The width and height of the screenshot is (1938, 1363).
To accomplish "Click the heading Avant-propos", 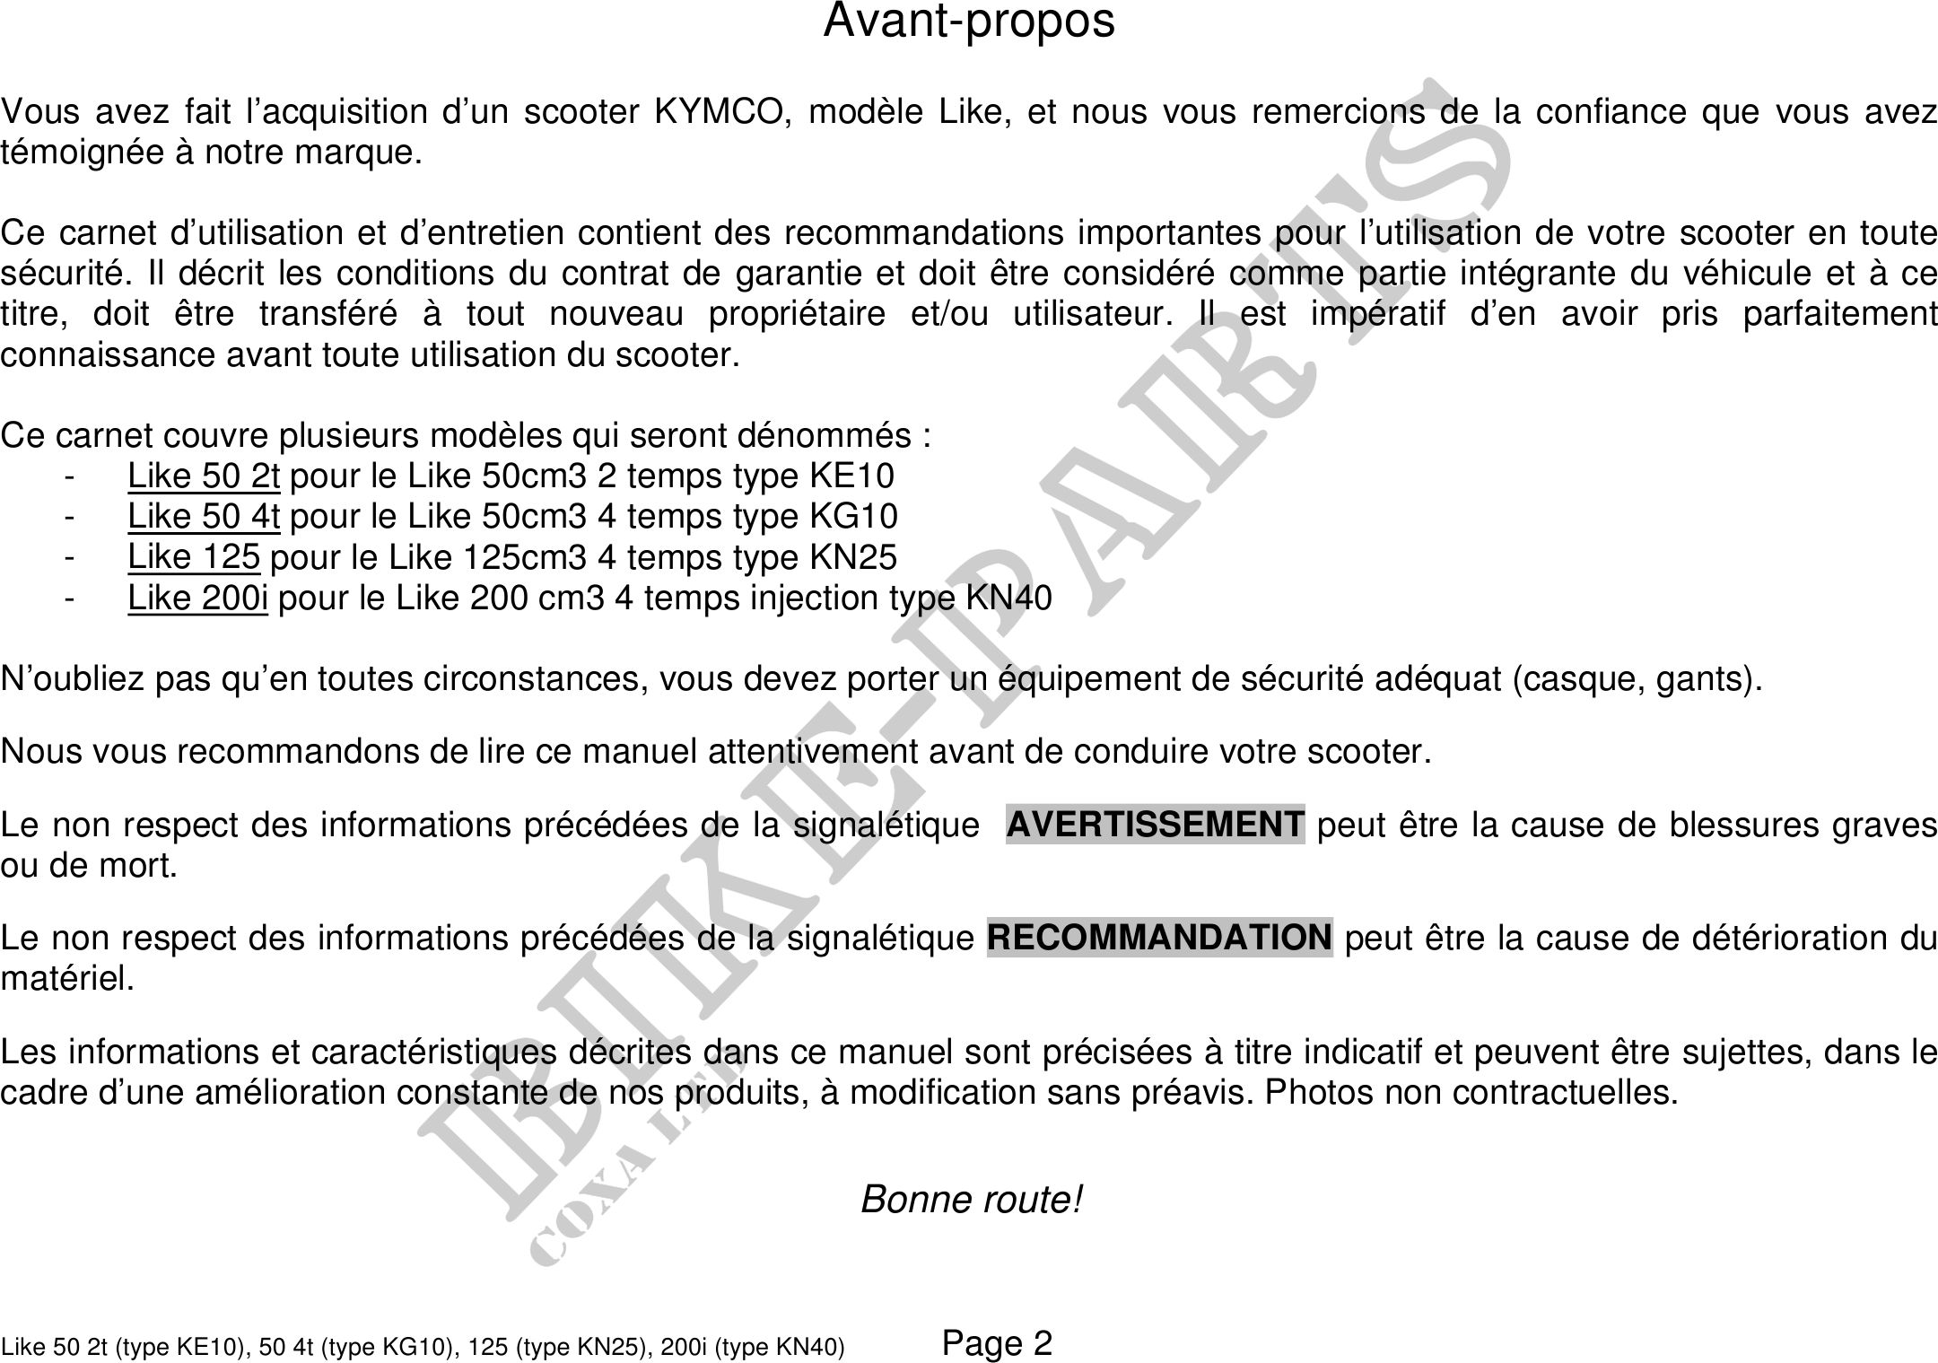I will pyautogui.click(x=969, y=22).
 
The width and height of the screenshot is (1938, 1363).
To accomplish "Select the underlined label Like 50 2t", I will pyautogui.click(x=204, y=476).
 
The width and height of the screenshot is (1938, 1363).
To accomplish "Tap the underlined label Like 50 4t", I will pyautogui.click(x=204, y=516).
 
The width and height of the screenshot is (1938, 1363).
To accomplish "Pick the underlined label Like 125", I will pyautogui.click(x=194, y=557).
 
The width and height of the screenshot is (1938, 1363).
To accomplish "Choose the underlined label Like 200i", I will pyautogui.click(x=197, y=598).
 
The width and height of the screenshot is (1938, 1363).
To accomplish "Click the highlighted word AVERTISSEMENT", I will pyautogui.click(x=1155, y=824).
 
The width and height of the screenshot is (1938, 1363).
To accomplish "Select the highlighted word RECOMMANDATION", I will pyautogui.click(x=1159, y=938).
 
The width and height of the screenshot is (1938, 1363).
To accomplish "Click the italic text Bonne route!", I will pyautogui.click(x=972, y=1200).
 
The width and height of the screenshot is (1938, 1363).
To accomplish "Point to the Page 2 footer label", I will pyautogui.click(x=997, y=1342).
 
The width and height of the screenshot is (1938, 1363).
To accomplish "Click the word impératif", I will pyautogui.click(x=1377, y=315).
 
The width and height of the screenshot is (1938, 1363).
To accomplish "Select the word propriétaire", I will pyautogui.click(x=797, y=315).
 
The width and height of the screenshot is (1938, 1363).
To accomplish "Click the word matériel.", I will pyautogui.click(x=67, y=978).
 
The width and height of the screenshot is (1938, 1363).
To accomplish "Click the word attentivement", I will pyautogui.click(x=812, y=751).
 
